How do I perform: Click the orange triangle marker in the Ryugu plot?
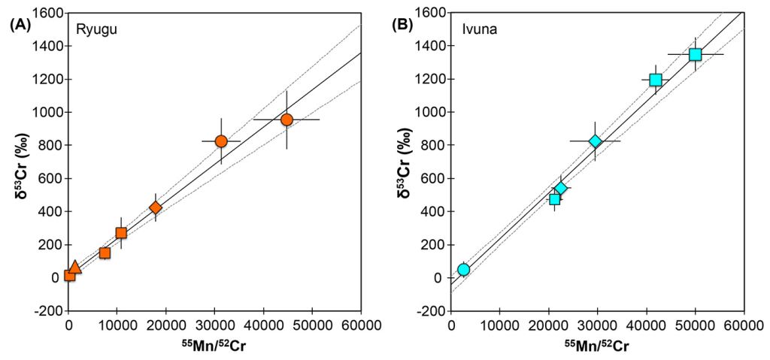click(x=74, y=267)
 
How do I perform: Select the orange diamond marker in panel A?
click(x=156, y=207)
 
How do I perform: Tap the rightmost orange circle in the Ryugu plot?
click(x=286, y=119)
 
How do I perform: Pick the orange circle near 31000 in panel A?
click(x=221, y=141)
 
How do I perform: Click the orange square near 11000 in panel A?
click(x=121, y=233)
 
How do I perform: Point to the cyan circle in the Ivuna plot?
click(x=463, y=269)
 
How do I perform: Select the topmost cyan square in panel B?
click(x=695, y=54)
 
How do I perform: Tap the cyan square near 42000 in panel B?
click(x=656, y=80)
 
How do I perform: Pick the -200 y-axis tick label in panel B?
click(x=432, y=311)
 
